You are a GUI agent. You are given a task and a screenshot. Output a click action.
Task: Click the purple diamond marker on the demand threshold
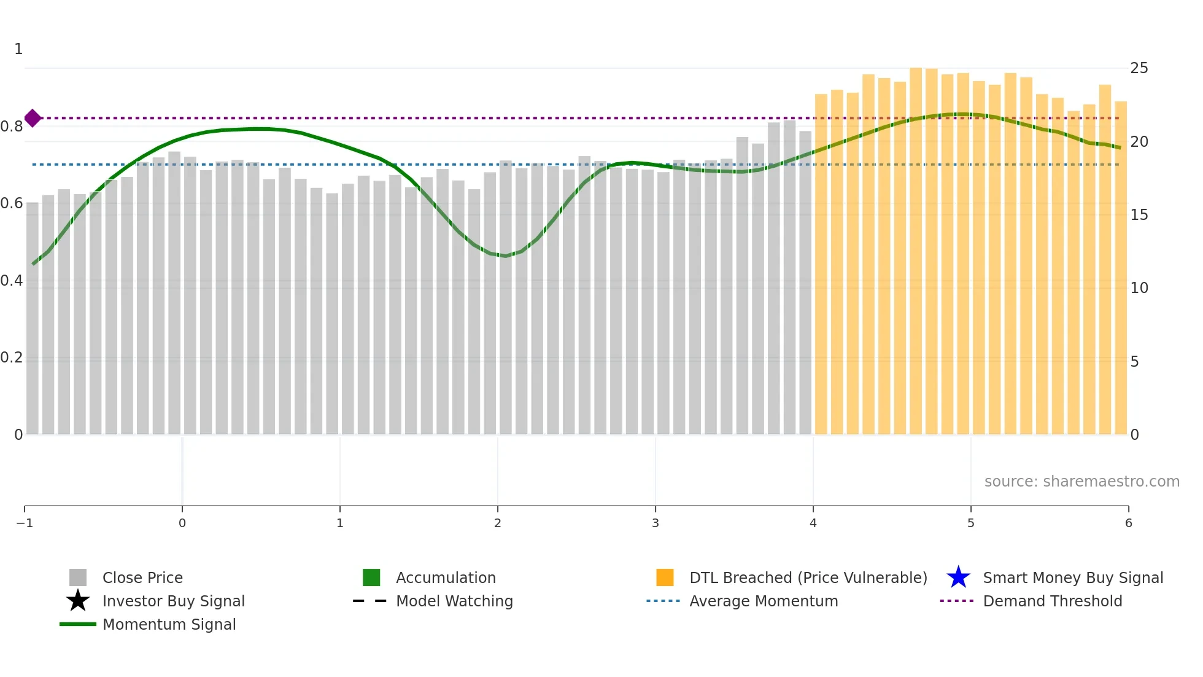(x=33, y=118)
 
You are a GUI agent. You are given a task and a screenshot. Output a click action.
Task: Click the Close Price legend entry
(x=142, y=577)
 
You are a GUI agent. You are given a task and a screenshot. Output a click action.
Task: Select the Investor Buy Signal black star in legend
(x=78, y=601)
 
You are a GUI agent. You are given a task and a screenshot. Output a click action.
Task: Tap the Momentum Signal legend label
(x=169, y=624)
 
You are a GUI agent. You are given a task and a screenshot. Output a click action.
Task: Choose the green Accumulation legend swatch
(x=371, y=577)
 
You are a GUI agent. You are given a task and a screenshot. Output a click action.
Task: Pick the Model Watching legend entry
(x=454, y=601)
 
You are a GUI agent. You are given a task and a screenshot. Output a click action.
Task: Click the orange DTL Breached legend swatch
(x=665, y=577)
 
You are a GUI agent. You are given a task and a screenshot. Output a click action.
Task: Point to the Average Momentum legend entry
(x=763, y=601)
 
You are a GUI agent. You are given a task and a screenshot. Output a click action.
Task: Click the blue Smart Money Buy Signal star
(x=958, y=577)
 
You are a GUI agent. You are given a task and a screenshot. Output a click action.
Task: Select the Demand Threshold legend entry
(x=1052, y=601)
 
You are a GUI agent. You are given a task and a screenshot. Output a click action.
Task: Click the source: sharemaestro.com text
(x=1081, y=481)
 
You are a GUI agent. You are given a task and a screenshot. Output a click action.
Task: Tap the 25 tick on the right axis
(x=1139, y=68)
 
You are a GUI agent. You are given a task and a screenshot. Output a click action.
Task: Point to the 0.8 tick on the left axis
(x=12, y=127)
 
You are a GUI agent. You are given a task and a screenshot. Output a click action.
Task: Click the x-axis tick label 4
(x=813, y=523)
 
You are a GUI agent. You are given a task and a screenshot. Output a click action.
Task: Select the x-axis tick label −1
(x=25, y=523)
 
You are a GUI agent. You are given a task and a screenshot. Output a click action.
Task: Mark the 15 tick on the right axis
(x=1139, y=215)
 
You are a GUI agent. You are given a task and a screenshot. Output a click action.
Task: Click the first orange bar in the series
(x=821, y=264)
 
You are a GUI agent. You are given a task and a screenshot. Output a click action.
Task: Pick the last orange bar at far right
(x=1120, y=268)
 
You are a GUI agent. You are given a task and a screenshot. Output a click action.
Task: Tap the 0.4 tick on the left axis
(x=12, y=281)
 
